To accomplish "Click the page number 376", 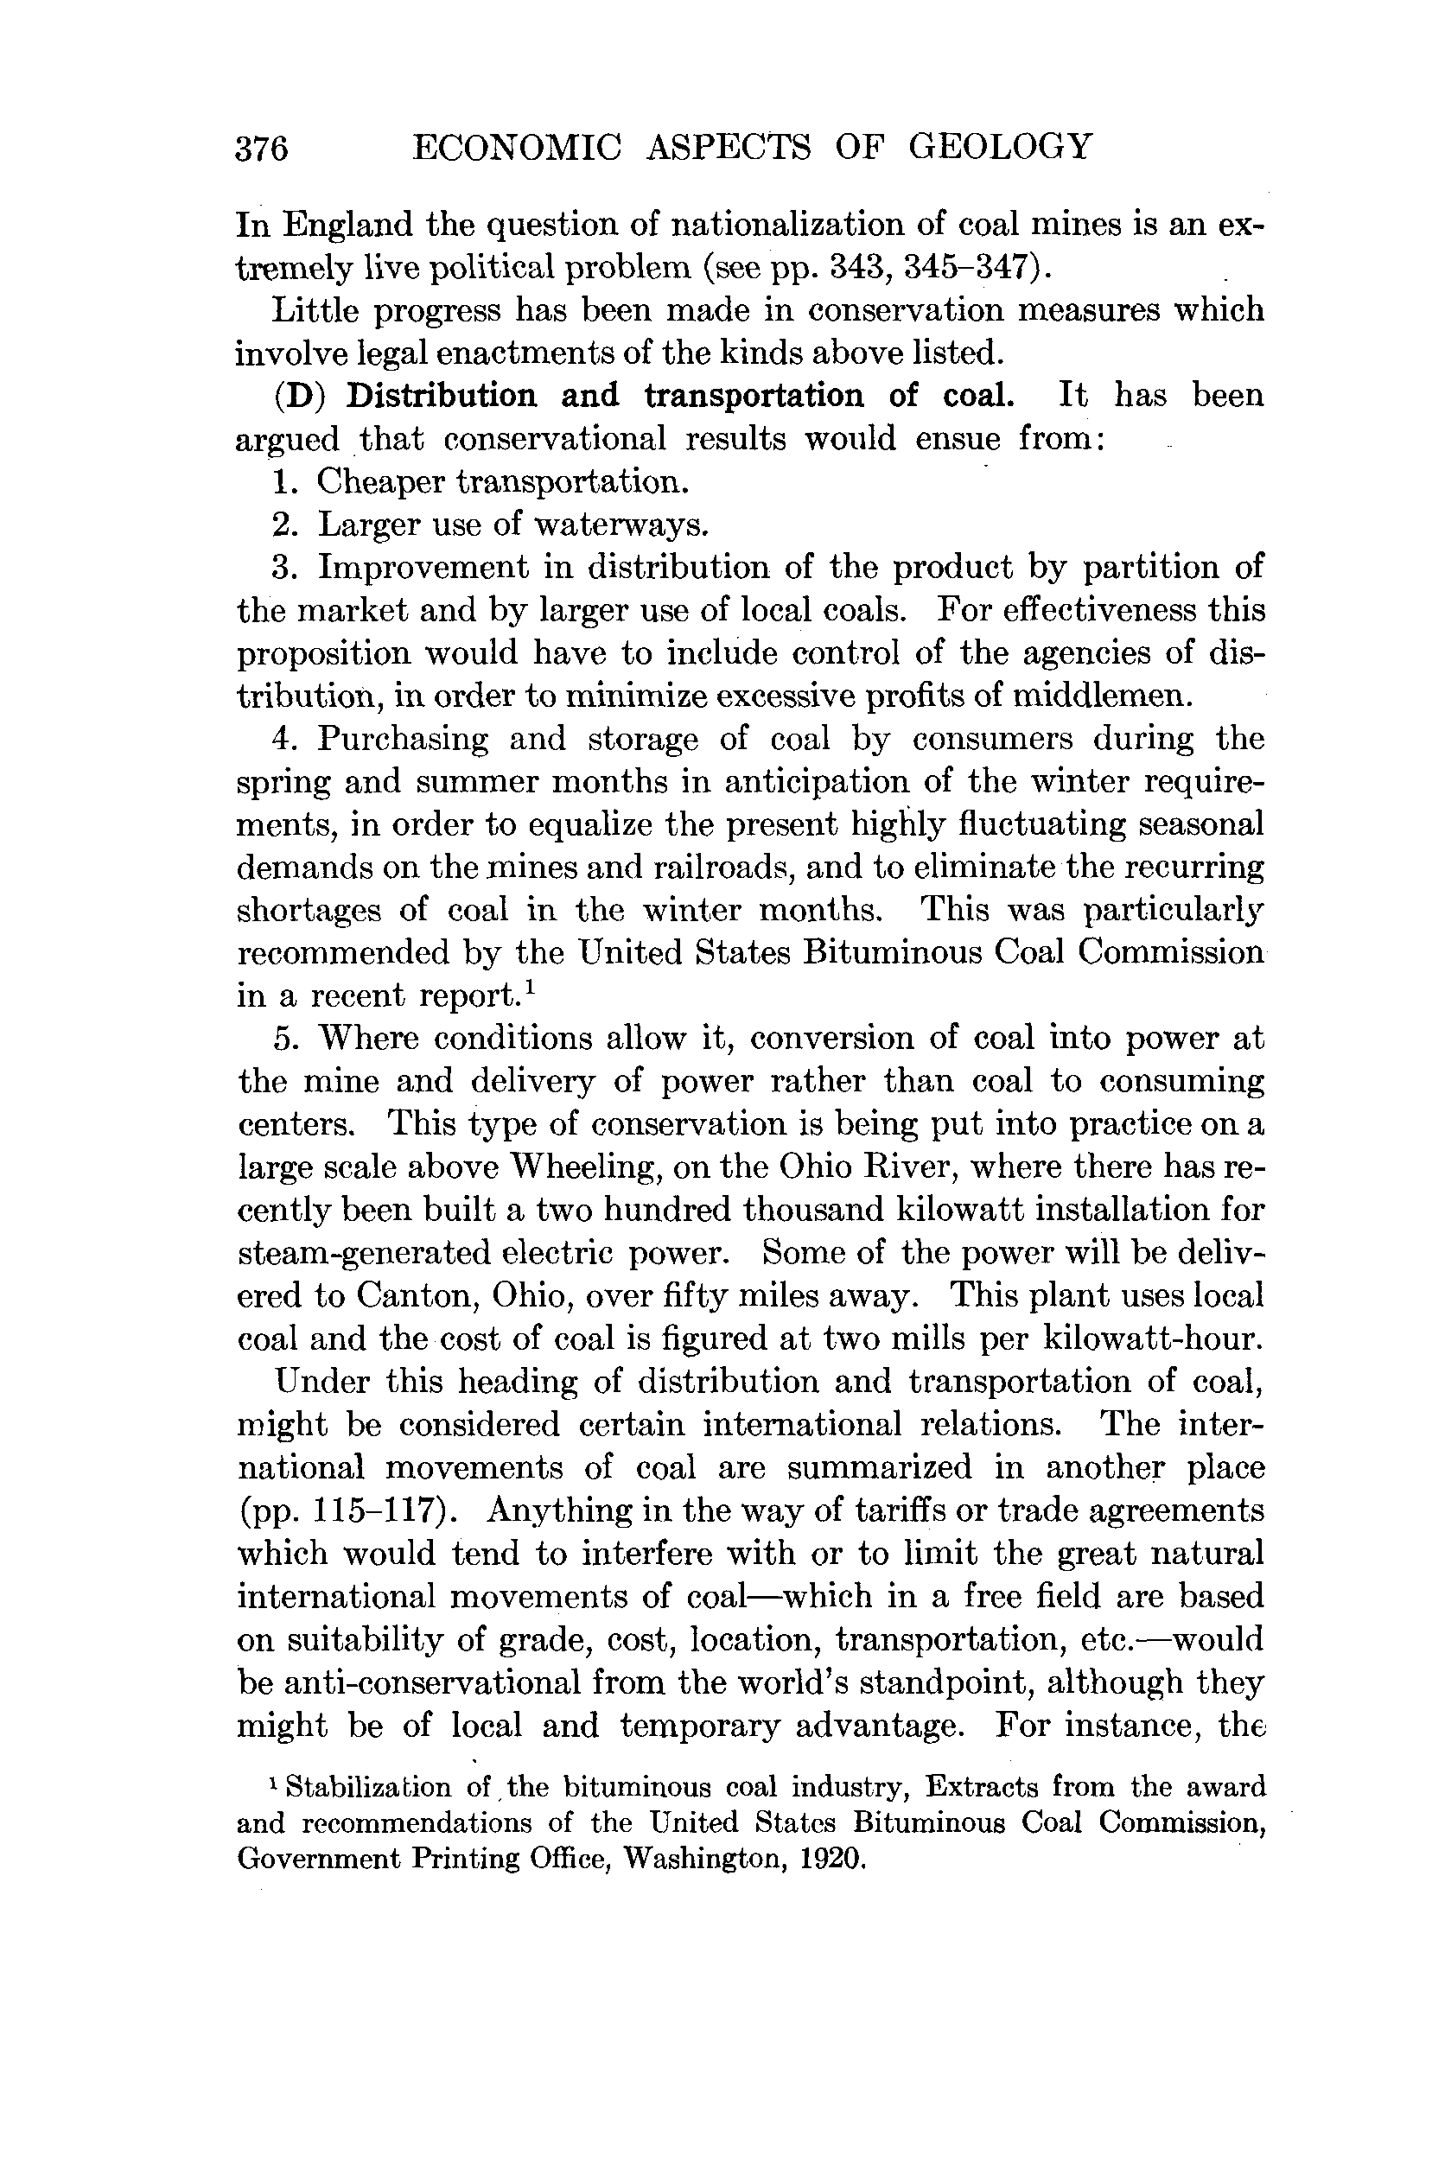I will pyautogui.click(x=262, y=148).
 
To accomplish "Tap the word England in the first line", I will pyautogui.click(x=348, y=225).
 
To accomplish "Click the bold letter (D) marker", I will pyautogui.click(x=301, y=397).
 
